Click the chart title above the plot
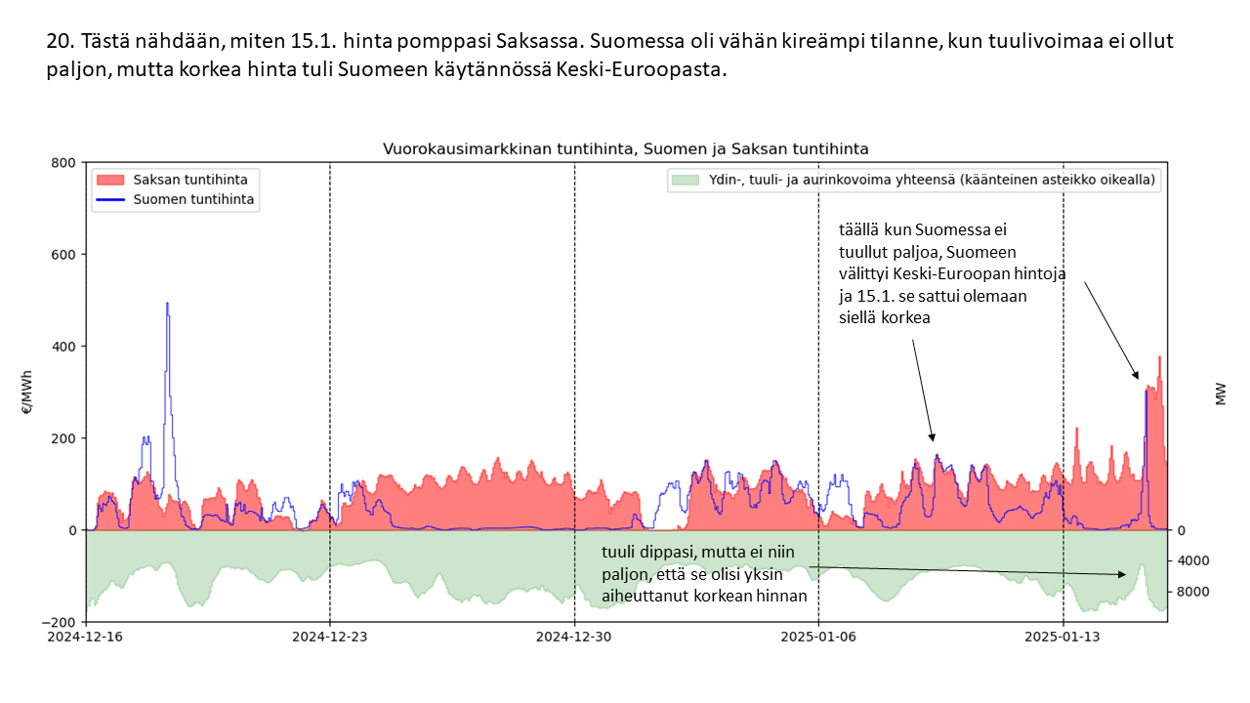click(x=625, y=148)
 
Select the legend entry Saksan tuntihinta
click(x=189, y=180)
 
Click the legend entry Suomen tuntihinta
click(x=193, y=199)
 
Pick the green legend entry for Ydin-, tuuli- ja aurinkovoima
click(x=913, y=180)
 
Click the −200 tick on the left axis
click(x=61, y=622)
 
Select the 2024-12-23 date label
click(x=330, y=636)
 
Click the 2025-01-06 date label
click(x=818, y=636)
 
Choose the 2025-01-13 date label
click(x=1062, y=636)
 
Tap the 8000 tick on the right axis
click(x=1192, y=592)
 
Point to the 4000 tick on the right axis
click(x=1192, y=560)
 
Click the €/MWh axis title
click(x=26, y=392)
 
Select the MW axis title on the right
click(x=1221, y=393)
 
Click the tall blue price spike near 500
click(x=167, y=305)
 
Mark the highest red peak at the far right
click(x=1159, y=358)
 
